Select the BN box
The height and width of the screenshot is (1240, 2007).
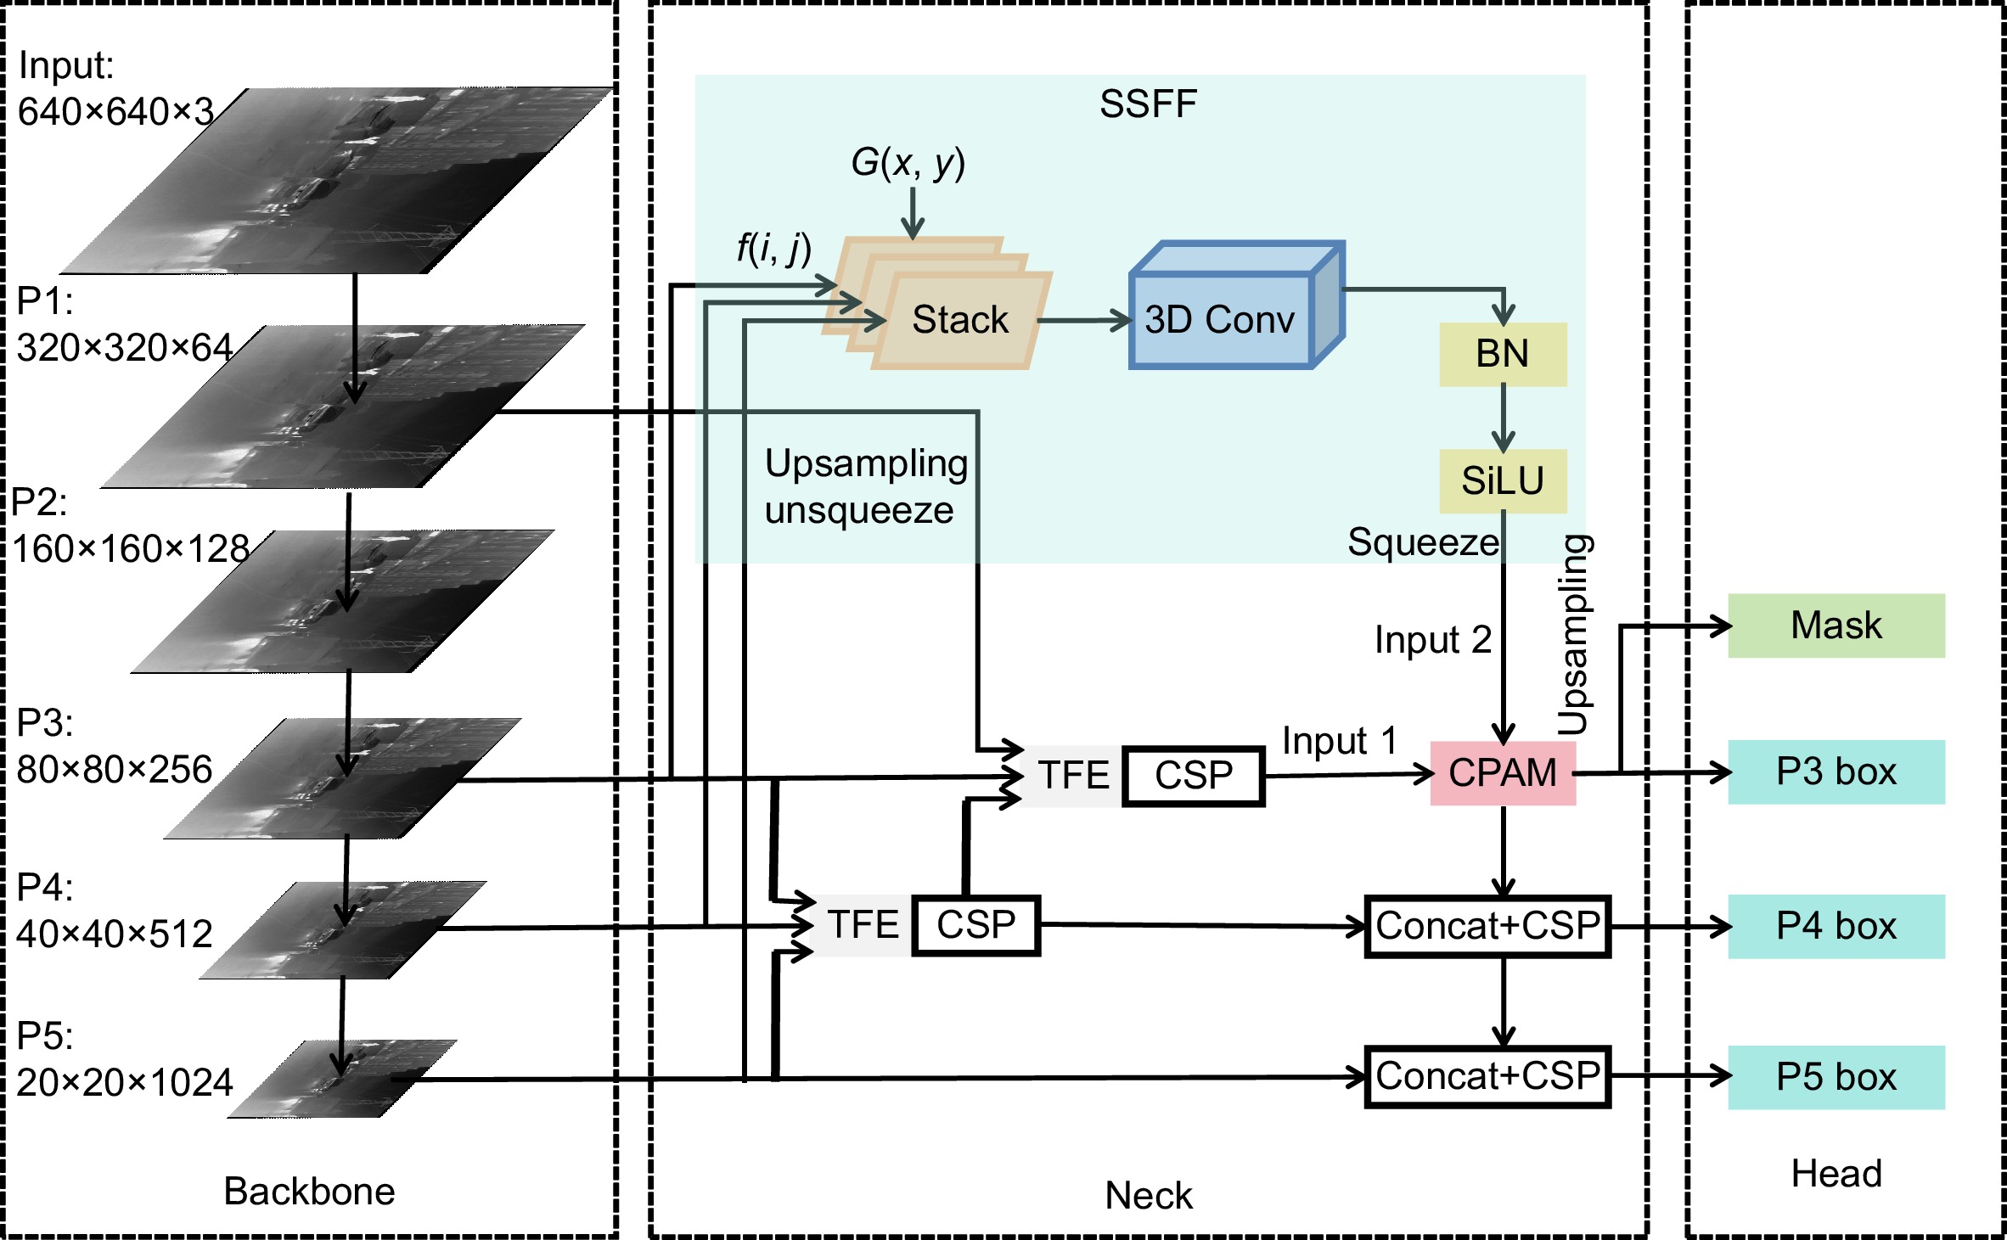tap(1502, 354)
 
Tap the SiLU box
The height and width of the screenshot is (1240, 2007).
tap(1502, 481)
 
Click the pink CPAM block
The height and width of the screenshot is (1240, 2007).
tap(1502, 773)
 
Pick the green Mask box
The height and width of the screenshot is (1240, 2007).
tap(1836, 626)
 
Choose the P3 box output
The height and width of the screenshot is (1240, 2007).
tap(1836, 771)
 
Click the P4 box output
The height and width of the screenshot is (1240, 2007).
tap(1836, 926)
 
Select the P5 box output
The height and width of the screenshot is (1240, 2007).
tap(1836, 1077)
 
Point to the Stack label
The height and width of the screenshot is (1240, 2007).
tap(960, 320)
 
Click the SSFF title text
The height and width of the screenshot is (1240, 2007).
tap(1148, 104)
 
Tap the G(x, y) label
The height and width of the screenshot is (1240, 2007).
tap(908, 162)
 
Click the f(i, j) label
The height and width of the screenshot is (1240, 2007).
tap(773, 248)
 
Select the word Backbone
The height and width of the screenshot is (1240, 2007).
tap(309, 1192)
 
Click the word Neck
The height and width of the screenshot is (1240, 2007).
tap(1148, 1196)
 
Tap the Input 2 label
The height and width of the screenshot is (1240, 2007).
tap(1432, 640)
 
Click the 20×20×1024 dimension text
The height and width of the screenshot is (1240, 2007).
tap(125, 1083)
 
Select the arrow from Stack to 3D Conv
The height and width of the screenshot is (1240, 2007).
tap(1083, 321)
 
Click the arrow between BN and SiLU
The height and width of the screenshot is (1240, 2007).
tap(1503, 418)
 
